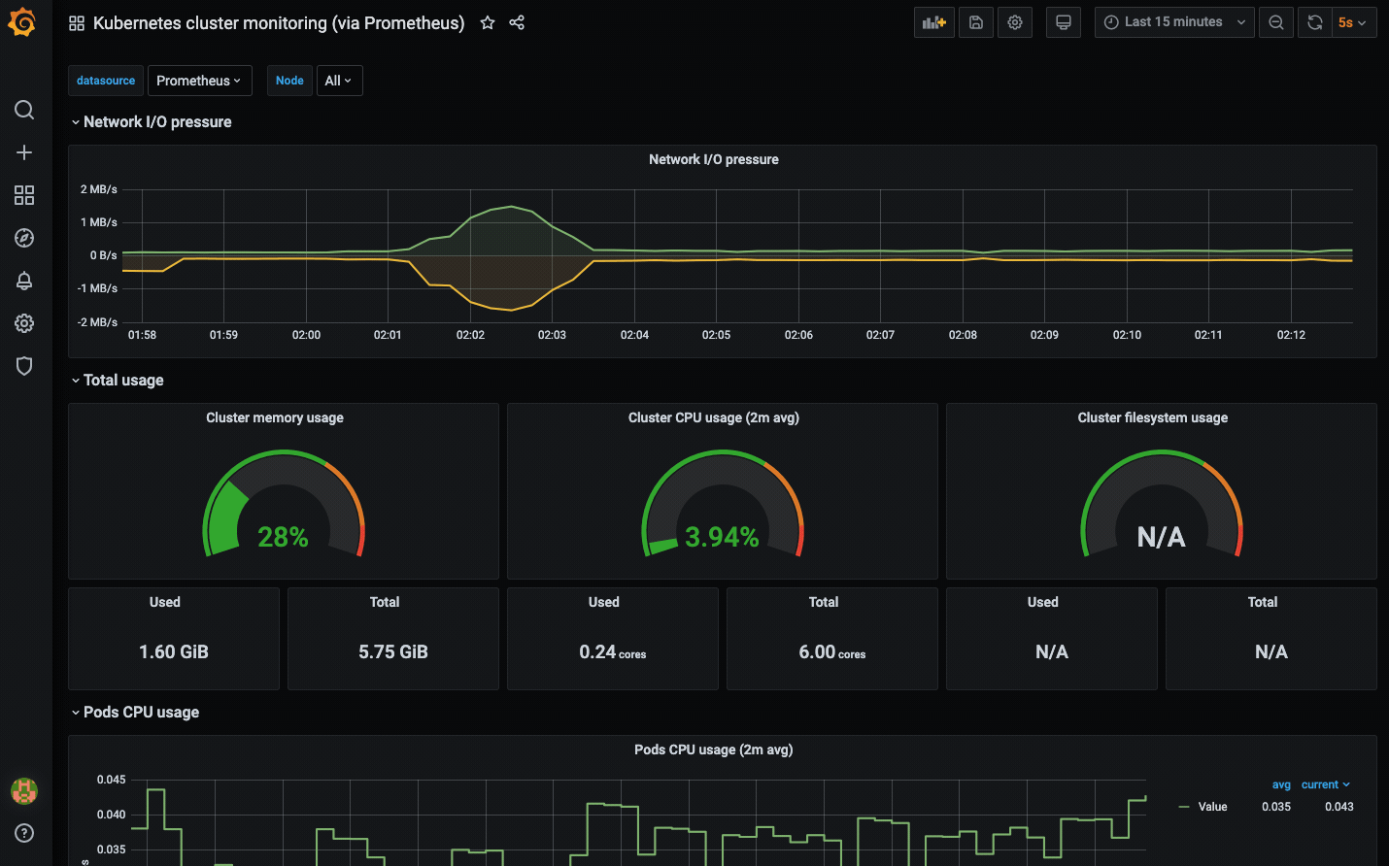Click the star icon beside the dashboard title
[x=488, y=22]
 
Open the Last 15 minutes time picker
[x=1173, y=22]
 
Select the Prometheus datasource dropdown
[x=199, y=81]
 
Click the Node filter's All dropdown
[x=339, y=81]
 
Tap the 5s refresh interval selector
[x=1351, y=22]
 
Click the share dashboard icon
[x=517, y=22]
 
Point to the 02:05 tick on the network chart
[x=716, y=335]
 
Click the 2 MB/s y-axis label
[x=98, y=189]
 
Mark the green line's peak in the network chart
[x=511, y=206]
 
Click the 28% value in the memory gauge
[x=283, y=537]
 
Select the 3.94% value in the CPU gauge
[x=722, y=537]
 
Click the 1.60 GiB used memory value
[x=174, y=651]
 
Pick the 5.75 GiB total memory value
[x=393, y=651]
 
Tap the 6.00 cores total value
[x=831, y=652]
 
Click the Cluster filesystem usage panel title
[x=1152, y=417]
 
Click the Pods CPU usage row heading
[x=141, y=712]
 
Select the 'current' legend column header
[x=1320, y=784]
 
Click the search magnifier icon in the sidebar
[x=24, y=110]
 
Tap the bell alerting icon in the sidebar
[x=24, y=281]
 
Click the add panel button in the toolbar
[x=933, y=22]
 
